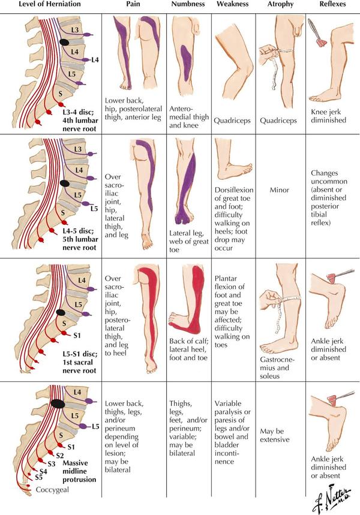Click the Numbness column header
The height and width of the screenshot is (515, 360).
pyautogui.click(x=188, y=4)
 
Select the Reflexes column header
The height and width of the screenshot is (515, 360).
pyautogui.click(x=332, y=4)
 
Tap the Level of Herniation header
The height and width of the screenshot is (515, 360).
pyautogui.click(x=50, y=4)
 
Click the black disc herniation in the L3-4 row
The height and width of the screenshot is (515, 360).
pyautogui.click(x=64, y=42)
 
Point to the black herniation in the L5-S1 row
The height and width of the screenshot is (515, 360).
pyautogui.click(x=60, y=312)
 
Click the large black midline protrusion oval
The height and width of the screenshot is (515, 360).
pyautogui.click(x=58, y=403)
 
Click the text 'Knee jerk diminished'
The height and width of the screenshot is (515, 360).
pyautogui.click(x=328, y=116)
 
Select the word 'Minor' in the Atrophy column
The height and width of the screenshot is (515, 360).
pyautogui.click(x=279, y=190)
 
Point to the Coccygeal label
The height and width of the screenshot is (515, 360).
pyautogui.click(x=52, y=490)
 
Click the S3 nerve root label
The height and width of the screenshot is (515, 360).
pyautogui.click(x=51, y=464)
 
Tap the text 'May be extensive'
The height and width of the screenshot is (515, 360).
pyautogui.click(x=275, y=435)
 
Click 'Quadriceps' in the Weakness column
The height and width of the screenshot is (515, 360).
pyautogui.click(x=232, y=121)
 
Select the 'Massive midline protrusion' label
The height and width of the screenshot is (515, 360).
pyautogui.click(x=79, y=471)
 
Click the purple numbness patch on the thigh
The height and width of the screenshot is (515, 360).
pyautogui.click(x=186, y=62)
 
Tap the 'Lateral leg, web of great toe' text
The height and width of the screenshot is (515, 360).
pyautogui.click(x=189, y=241)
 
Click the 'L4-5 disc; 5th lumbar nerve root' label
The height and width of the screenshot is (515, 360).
pyautogui.click(x=80, y=239)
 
